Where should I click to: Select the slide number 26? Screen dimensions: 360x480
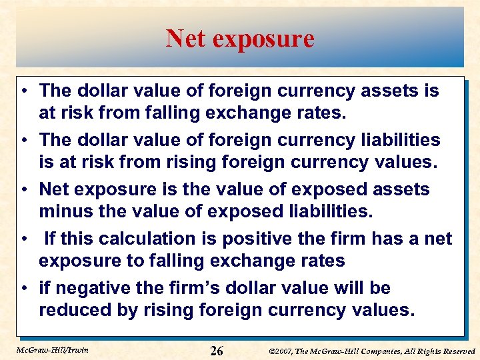coord(217,351)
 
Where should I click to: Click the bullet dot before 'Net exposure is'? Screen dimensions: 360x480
coord(23,190)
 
